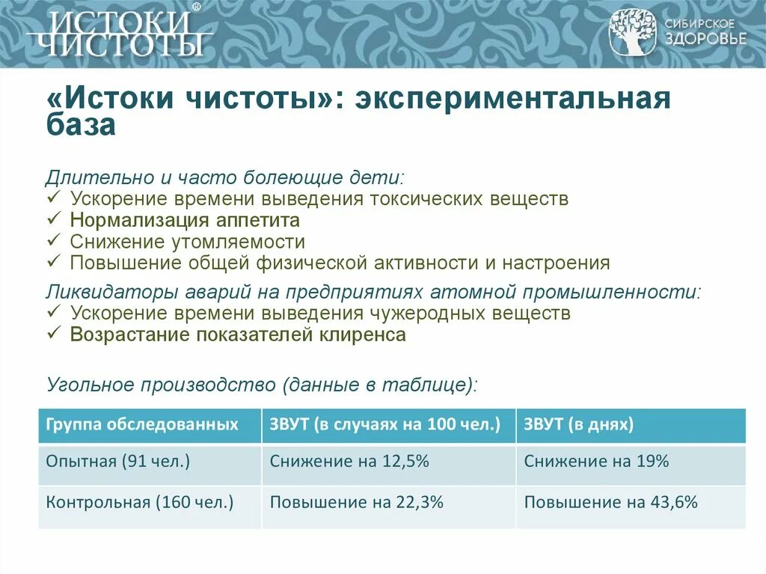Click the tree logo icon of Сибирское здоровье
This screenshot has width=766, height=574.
pyautogui.click(x=632, y=32)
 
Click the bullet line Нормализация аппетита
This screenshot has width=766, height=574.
pyautogui.click(x=185, y=221)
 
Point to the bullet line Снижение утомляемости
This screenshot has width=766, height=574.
pyautogui.click(x=188, y=242)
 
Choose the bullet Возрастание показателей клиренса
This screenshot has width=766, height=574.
pyautogui.click(x=238, y=335)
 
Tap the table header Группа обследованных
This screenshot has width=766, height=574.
pyautogui.click(x=142, y=425)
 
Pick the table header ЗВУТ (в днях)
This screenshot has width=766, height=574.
pyautogui.click(x=579, y=425)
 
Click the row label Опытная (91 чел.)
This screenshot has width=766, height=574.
pyautogui.click(x=118, y=462)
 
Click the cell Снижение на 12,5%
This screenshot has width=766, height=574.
pyautogui.click(x=349, y=462)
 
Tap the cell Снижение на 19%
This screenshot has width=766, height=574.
pyautogui.click(x=596, y=462)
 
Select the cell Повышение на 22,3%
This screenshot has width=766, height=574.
pyautogui.click(x=357, y=502)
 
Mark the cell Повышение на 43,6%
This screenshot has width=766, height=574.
pyautogui.click(x=610, y=502)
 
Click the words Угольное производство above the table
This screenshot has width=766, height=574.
pyautogui.click(x=161, y=385)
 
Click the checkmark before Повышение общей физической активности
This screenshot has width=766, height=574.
pyautogui.click(x=53, y=263)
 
